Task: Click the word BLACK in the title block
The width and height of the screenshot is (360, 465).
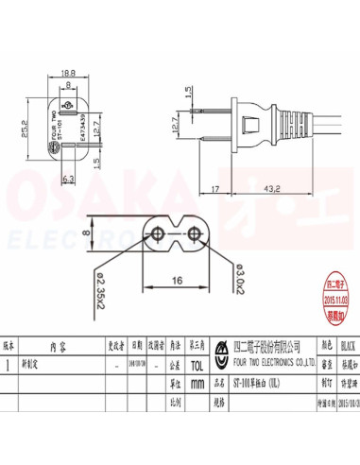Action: [x=346, y=346]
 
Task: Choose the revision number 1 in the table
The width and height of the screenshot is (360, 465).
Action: [x=9, y=361]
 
